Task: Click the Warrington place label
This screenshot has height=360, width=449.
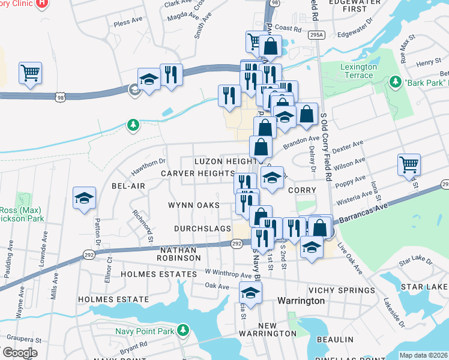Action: (301, 300)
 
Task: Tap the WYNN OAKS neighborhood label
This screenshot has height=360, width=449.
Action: (193, 205)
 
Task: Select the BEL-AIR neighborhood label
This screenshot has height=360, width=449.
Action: (128, 186)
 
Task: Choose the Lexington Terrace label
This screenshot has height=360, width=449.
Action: (358, 71)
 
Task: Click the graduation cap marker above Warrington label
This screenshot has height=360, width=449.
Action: (250, 294)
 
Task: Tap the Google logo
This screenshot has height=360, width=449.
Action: (20, 353)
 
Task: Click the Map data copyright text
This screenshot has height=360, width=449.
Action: (423, 355)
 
